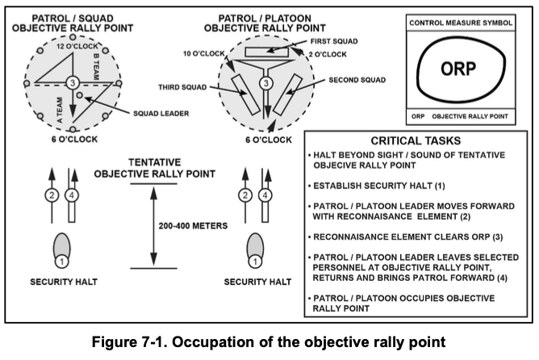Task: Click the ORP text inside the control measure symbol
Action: (460, 69)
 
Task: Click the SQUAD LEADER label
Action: (161, 113)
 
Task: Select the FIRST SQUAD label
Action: (333, 40)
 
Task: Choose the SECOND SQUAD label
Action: (357, 82)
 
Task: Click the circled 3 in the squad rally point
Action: (72, 82)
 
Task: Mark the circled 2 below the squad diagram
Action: (50, 195)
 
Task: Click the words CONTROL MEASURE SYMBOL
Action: (460, 23)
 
